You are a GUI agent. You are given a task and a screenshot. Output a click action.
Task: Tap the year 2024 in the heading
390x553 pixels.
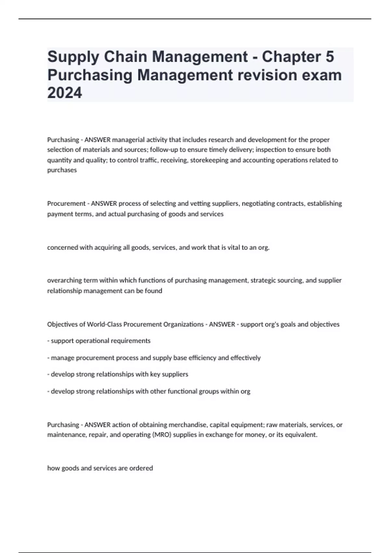click(65, 93)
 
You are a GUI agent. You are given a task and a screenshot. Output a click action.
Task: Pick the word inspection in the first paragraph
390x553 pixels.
click(269, 150)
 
